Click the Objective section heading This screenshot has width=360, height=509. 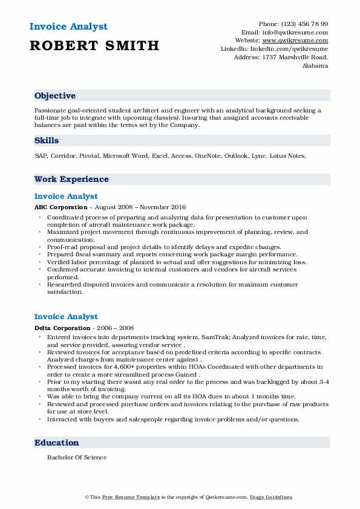click(x=55, y=96)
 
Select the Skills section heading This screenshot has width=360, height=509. click(x=47, y=140)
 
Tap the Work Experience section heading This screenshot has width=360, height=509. click(x=71, y=179)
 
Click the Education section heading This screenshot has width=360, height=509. click(x=56, y=443)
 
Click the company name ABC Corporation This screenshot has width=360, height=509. click(x=61, y=207)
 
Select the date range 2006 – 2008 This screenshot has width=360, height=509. click(x=119, y=328)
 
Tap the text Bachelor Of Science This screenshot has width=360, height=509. click(x=77, y=457)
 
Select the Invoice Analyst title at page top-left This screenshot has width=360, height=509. click(x=68, y=27)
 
